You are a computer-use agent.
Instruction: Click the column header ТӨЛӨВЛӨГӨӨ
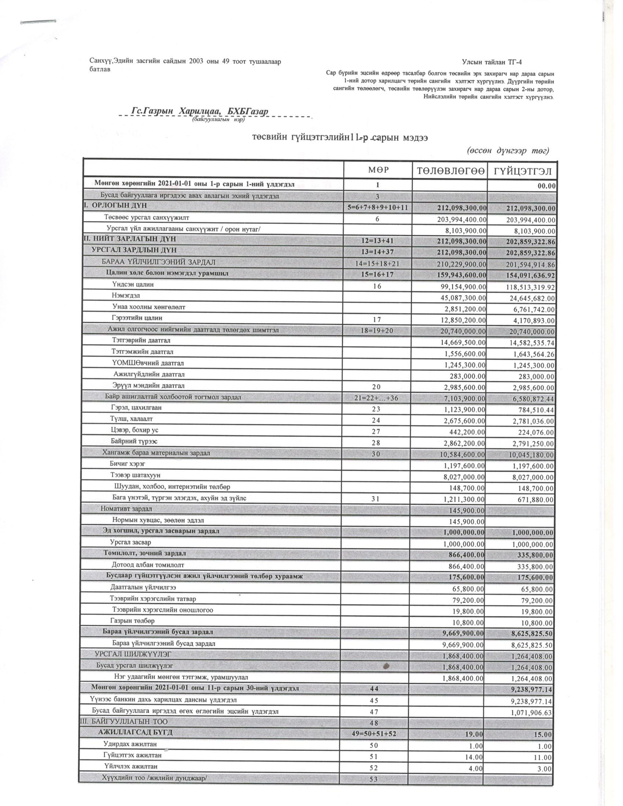click(450, 171)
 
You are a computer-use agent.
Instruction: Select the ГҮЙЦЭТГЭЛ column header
click(522, 171)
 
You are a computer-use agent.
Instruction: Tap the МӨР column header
click(378, 170)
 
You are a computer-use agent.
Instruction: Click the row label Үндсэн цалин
click(133, 285)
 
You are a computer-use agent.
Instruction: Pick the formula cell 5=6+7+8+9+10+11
click(377, 208)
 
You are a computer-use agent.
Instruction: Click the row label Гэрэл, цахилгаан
click(136, 408)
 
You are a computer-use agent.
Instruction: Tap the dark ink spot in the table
click(386, 666)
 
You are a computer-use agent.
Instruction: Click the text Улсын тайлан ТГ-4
click(491, 62)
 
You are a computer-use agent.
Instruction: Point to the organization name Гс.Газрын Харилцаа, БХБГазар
click(200, 111)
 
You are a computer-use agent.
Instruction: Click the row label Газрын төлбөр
click(132, 621)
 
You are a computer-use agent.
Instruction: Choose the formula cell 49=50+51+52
click(374, 734)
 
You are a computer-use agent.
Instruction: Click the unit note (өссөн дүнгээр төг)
click(509, 151)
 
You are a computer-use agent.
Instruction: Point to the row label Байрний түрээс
click(134, 441)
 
